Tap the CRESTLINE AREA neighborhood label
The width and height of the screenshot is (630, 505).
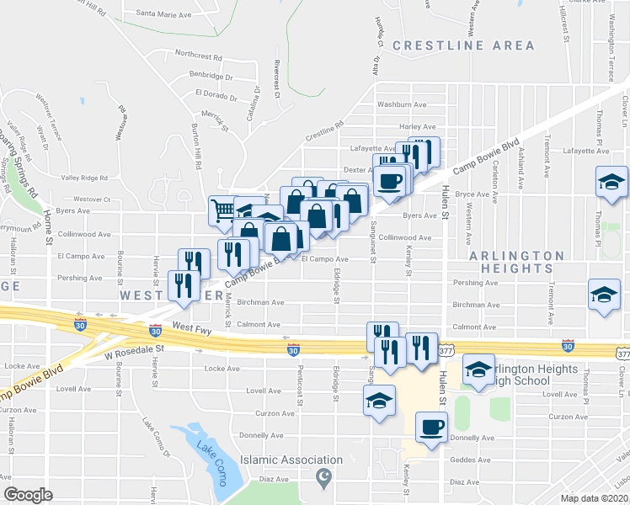point(463,45)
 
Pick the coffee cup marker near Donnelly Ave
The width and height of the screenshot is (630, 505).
point(432,427)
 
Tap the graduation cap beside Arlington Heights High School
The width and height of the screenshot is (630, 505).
point(478,369)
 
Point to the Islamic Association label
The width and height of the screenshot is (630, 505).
point(291,460)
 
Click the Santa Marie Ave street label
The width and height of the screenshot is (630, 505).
point(163,14)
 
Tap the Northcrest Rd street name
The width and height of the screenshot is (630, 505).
point(198,56)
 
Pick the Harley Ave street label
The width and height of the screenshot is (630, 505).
point(417,126)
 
